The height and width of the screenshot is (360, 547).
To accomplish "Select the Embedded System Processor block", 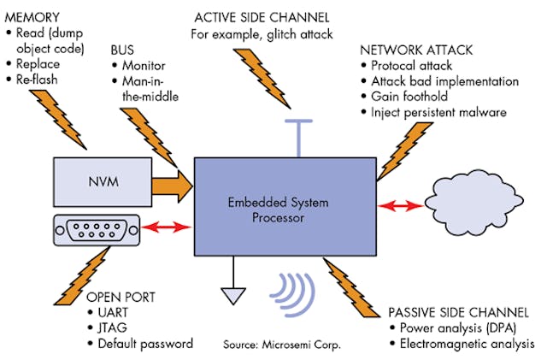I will pyautogui.click(x=285, y=210).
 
